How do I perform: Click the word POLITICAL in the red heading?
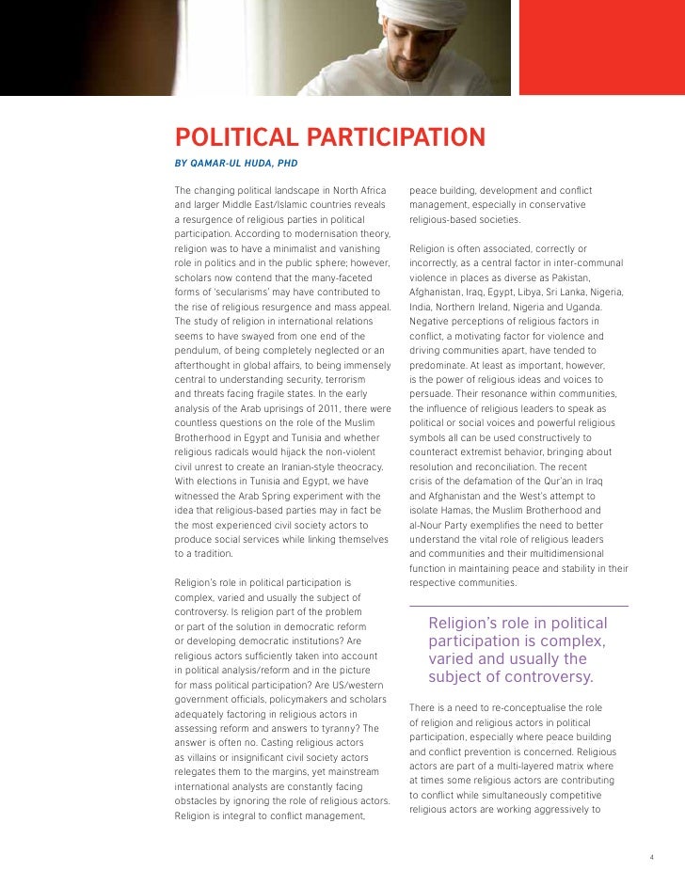click(x=232, y=138)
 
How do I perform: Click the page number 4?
click(x=651, y=857)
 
